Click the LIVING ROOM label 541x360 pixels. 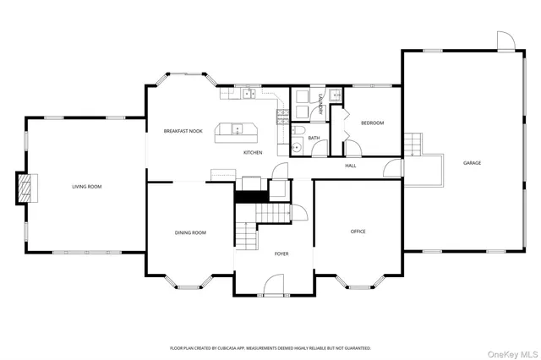pos(86,186)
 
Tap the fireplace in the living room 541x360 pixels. pos(26,187)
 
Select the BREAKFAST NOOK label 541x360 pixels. pos(183,131)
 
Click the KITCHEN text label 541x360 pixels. pos(253,152)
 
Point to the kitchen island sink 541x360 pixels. pos(238,129)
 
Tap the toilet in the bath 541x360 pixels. pos(299,131)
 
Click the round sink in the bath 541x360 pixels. pos(296,149)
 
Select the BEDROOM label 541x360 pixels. pos(372,123)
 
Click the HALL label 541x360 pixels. pos(350,166)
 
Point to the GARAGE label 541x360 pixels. pos(472,162)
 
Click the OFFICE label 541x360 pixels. pos(358,231)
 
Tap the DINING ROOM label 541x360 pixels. pos(190,232)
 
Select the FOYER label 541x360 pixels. pos(281,254)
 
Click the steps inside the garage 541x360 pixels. pos(412,144)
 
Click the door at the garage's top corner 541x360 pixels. pos(504,40)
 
